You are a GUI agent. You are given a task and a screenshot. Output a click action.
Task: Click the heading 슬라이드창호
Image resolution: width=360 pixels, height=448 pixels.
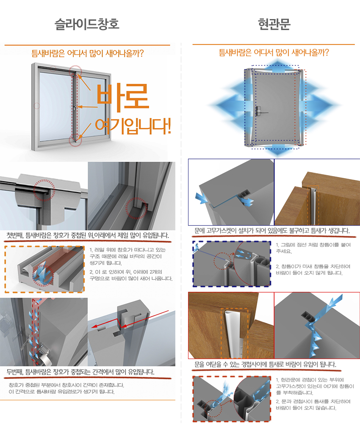click(87, 24)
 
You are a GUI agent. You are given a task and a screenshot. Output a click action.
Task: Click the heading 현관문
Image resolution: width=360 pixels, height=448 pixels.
click(274, 24)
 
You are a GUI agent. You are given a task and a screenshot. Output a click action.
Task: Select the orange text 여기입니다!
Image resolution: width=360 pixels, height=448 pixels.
click(133, 126)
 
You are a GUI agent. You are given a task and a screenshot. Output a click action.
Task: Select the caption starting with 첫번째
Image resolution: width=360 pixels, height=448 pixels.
click(88, 235)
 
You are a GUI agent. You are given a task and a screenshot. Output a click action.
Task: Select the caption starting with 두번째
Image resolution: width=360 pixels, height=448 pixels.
click(80, 372)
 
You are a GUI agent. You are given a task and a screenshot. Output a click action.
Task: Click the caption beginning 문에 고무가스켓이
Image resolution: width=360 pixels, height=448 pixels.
click(272, 231)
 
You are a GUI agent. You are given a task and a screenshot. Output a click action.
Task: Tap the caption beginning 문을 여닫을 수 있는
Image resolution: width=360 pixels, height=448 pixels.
click(265, 364)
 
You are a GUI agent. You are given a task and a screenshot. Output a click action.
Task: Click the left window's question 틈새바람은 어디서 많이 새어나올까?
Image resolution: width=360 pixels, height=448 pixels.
click(87, 53)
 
